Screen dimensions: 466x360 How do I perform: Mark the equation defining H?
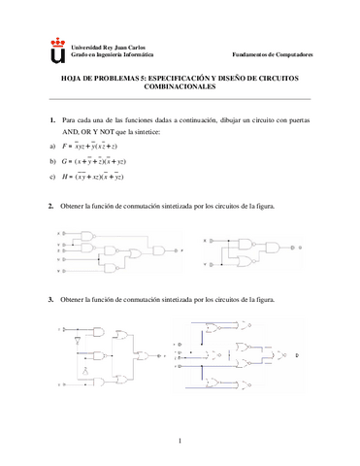(111, 176)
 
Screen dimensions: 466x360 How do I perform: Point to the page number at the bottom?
(180, 444)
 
